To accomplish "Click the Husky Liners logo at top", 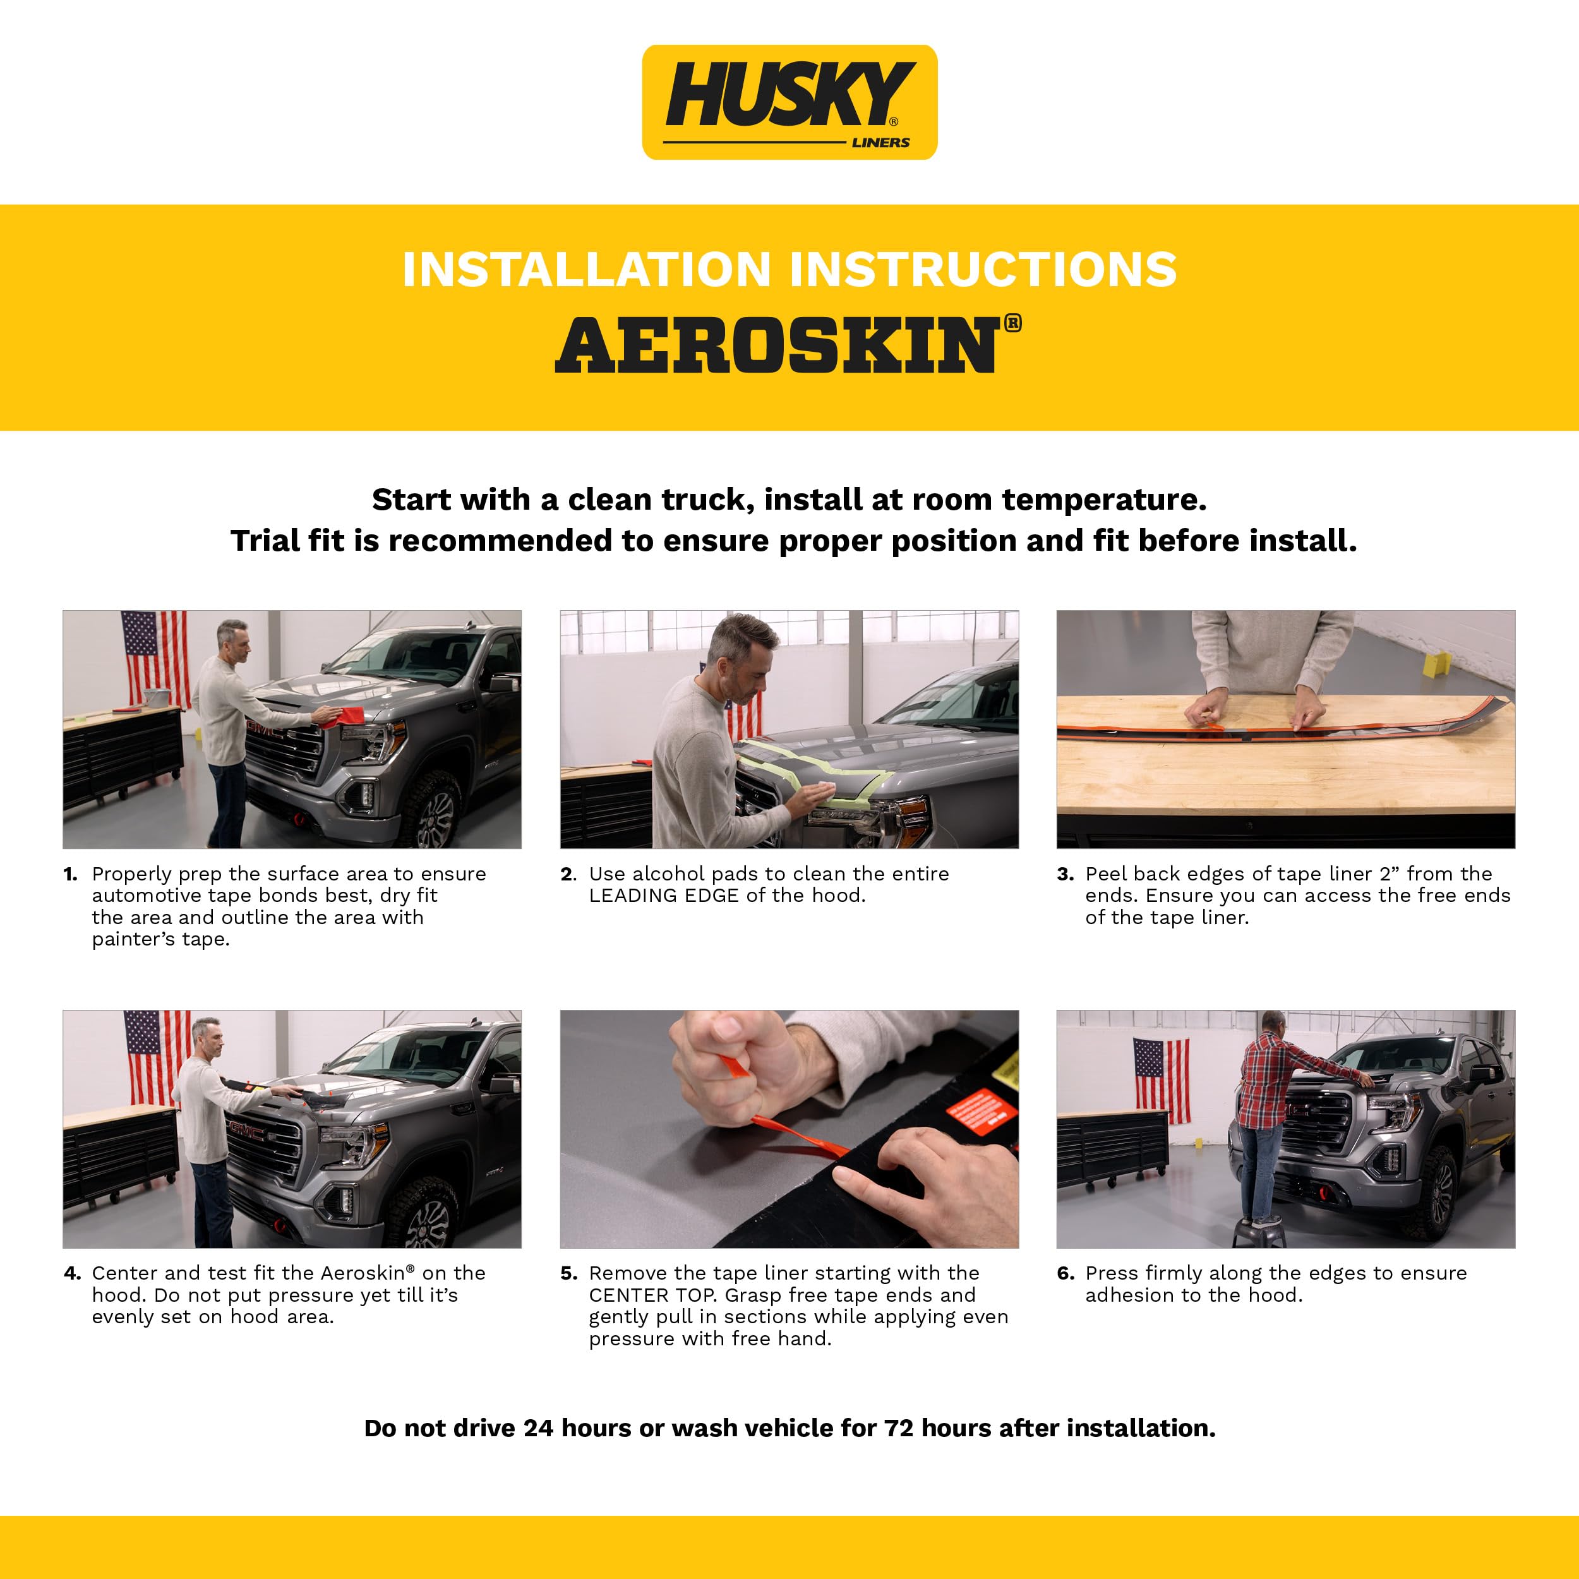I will pos(790,102).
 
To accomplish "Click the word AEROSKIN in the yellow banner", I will pos(776,347).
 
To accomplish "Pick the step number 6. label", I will pos(1065,1273).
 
